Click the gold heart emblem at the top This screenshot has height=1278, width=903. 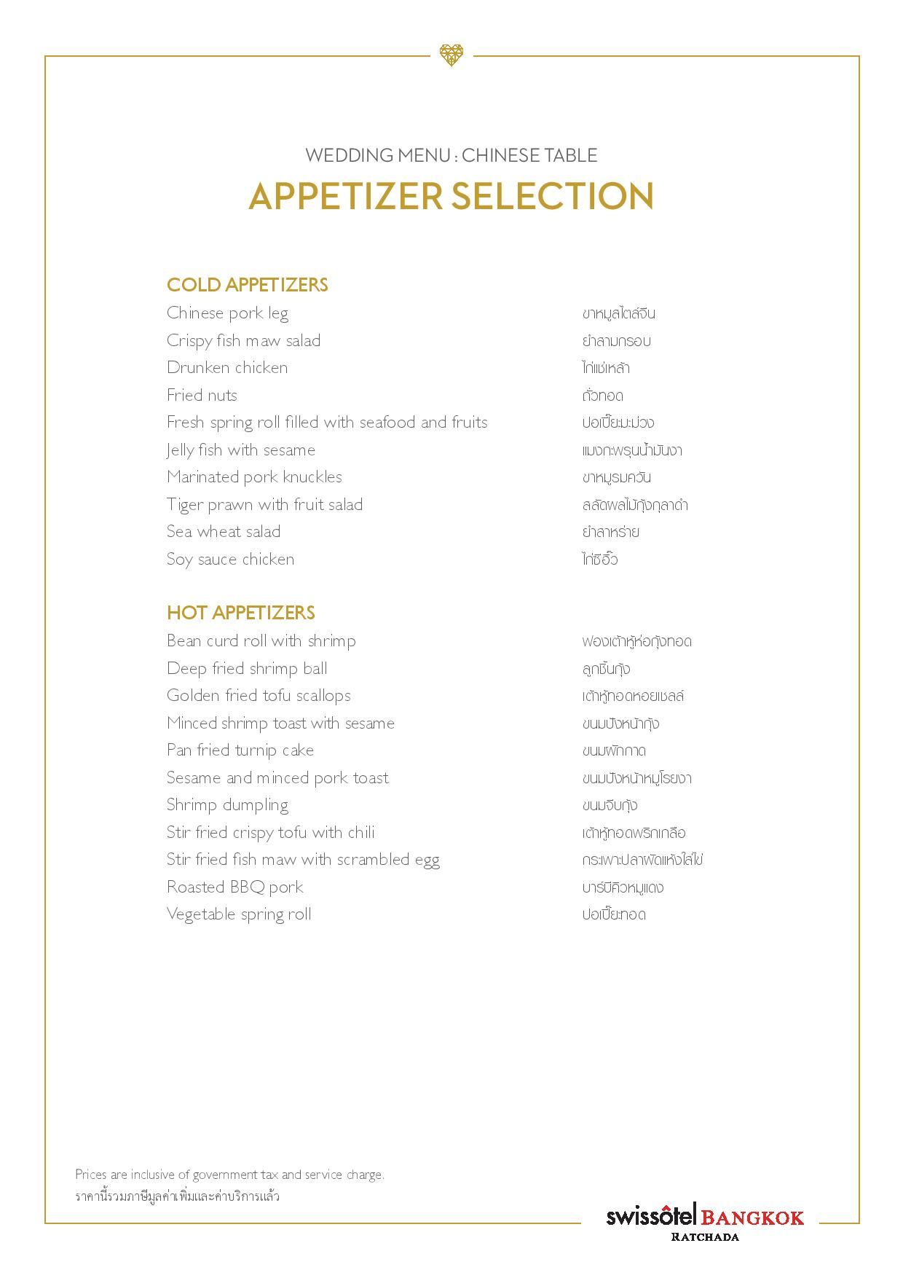click(451, 55)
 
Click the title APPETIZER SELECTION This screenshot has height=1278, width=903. click(451, 196)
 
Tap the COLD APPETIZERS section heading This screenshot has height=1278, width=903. click(247, 285)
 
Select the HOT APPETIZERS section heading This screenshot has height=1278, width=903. click(240, 613)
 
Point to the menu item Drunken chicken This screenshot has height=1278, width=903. click(227, 368)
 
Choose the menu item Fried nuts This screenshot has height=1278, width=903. click(202, 396)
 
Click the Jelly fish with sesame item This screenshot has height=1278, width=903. click(241, 450)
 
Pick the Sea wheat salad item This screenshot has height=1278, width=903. click(224, 532)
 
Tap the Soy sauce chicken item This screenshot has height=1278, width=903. click(230, 560)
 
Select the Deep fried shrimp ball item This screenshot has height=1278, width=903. click(247, 669)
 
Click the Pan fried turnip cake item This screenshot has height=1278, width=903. click(240, 750)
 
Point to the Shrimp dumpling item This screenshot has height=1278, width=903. click(227, 805)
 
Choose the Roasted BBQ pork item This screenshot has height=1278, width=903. click(234, 887)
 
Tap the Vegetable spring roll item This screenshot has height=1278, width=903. click(239, 914)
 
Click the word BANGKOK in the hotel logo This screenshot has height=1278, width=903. click(752, 1218)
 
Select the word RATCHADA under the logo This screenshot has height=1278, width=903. click(704, 1236)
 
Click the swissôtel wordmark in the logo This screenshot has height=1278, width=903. click(651, 1216)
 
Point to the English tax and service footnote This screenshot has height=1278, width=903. click(229, 1175)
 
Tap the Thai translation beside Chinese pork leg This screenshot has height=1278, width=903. click(618, 314)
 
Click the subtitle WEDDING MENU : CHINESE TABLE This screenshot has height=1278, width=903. click(451, 155)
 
